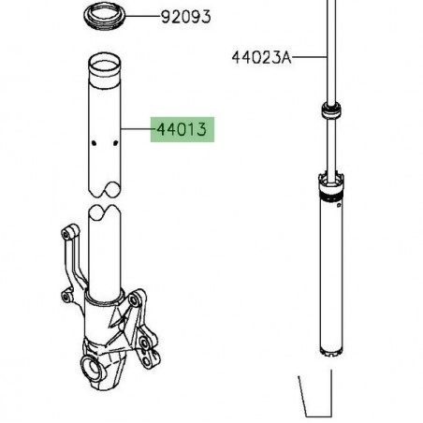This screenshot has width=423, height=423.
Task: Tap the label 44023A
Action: click(x=262, y=57)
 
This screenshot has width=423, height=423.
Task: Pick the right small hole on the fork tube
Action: click(x=113, y=143)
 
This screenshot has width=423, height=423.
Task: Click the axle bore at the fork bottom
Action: click(x=95, y=372)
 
